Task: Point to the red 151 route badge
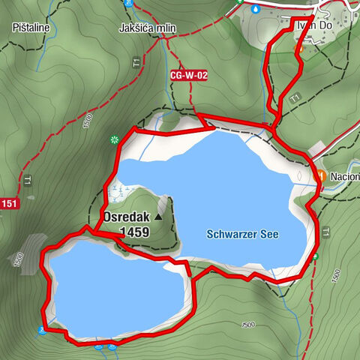(x=8, y=204)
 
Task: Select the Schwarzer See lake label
(x=241, y=235)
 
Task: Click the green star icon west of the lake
(x=114, y=139)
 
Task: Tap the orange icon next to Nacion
(x=321, y=175)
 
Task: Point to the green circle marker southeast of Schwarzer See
(x=316, y=256)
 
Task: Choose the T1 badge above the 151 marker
(x=27, y=180)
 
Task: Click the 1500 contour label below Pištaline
(x=88, y=119)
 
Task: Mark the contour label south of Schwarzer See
(x=248, y=324)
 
